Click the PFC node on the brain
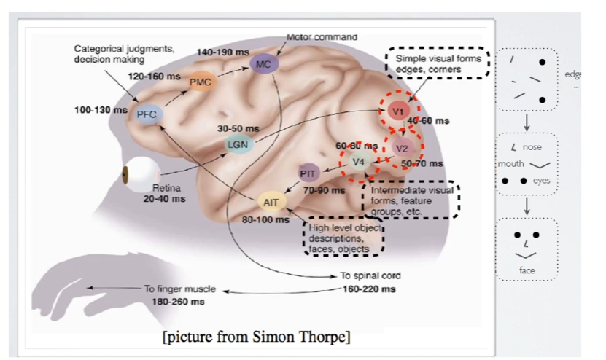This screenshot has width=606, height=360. point(147,114)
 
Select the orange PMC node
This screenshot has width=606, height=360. point(200,82)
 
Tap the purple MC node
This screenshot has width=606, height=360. point(263,64)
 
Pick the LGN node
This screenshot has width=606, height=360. point(238,144)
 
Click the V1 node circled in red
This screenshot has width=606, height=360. point(398,111)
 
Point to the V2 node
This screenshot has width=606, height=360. point(402,147)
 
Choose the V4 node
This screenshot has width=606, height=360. point(358,161)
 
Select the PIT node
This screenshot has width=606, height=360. point(308,173)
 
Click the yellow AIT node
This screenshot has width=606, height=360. point(271,201)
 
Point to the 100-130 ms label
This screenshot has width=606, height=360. point(97,110)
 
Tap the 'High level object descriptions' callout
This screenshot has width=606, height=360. point(343,238)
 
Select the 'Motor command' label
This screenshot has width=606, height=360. point(322,36)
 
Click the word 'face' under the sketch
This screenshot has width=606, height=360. point(527,269)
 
